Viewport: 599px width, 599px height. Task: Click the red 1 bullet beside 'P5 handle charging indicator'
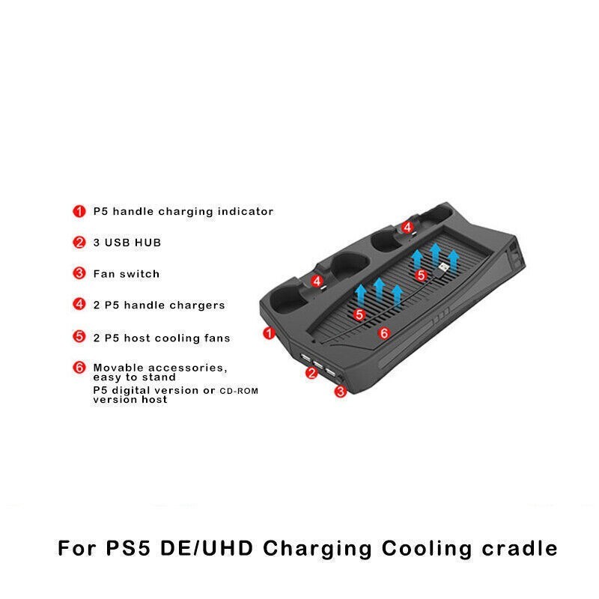click(x=79, y=212)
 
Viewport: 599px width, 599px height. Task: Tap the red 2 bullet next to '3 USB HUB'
click(x=79, y=243)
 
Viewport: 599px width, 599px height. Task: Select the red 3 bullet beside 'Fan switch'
click(x=79, y=274)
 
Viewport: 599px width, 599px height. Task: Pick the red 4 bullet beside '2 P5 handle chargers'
click(x=79, y=305)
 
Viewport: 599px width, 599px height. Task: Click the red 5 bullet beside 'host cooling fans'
click(x=79, y=338)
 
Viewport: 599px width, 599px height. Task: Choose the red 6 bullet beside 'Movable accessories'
click(x=79, y=368)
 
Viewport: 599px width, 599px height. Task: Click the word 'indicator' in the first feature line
click(x=245, y=212)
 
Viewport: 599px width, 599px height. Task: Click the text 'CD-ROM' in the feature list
click(x=240, y=391)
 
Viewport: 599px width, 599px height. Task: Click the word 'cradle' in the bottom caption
click(x=517, y=549)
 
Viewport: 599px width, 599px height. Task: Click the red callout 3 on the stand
click(x=341, y=392)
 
